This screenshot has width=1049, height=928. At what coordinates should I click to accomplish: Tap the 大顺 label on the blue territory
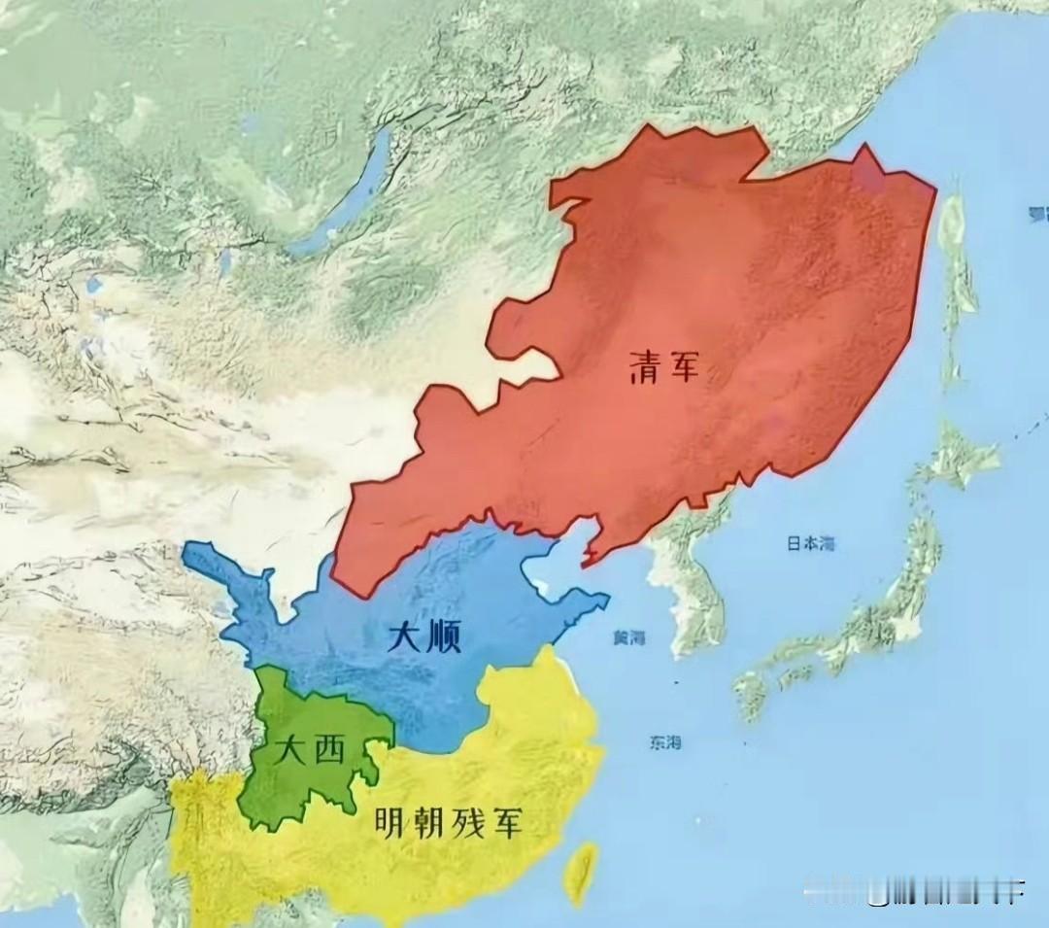point(424,636)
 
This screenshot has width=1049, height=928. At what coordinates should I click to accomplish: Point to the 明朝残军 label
point(449,825)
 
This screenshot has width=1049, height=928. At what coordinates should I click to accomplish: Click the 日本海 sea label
point(809,544)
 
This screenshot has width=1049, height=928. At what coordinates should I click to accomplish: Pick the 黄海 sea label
point(629,638)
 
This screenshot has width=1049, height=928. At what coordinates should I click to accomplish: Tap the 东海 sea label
point(664,743)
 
